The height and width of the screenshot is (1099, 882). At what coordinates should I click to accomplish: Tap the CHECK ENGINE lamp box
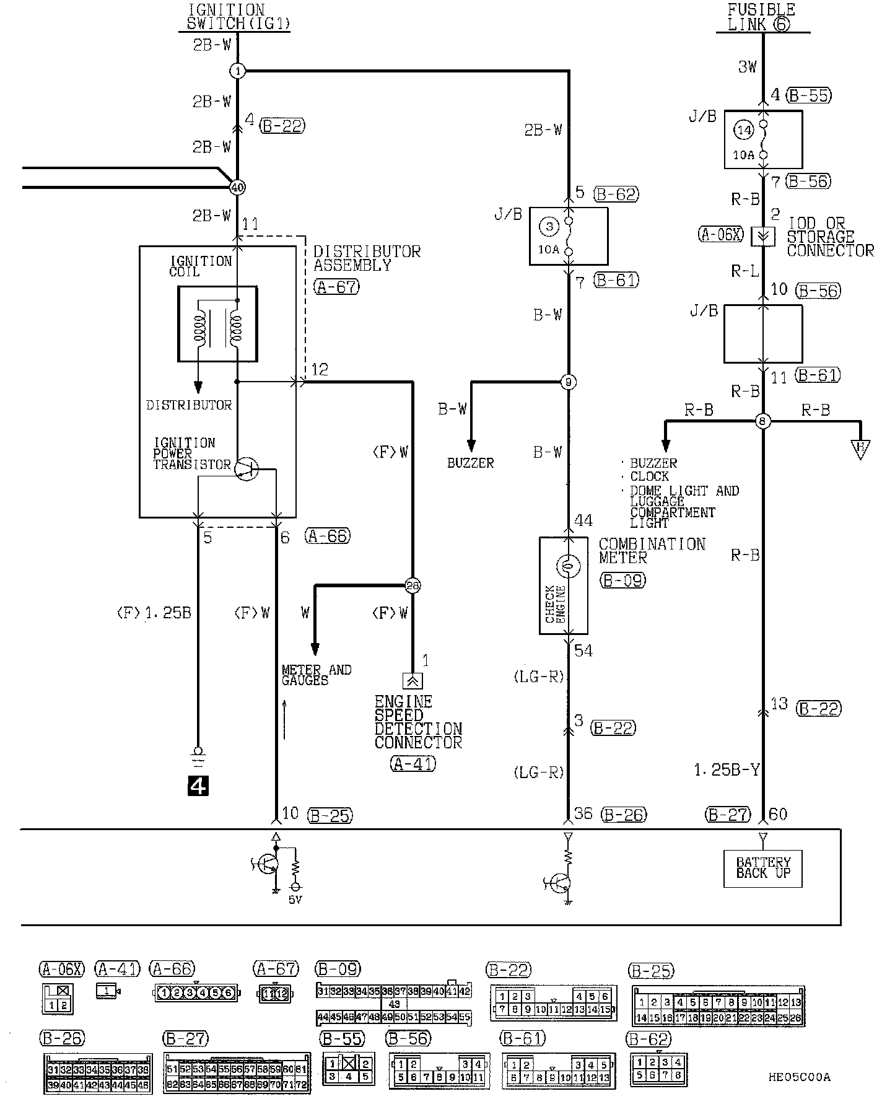(x=569, y=585)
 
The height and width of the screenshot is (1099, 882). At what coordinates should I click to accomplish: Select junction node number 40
(x=237, y=186)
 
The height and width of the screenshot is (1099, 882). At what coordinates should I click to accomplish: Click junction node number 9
(x=569, y=382)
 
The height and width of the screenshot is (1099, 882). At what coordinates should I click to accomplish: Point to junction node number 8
(x=763, y=422)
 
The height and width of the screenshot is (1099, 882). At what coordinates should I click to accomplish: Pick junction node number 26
(x=413, y=585)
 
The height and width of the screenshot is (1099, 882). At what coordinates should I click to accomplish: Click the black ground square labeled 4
(x=198, y=786)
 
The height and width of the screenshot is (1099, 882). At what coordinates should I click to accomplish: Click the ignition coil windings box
(x=217, y=323)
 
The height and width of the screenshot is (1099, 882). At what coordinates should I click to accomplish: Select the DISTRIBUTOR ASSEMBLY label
(x=367, y=258)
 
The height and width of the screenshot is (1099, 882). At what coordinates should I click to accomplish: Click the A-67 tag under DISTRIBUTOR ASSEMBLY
(x=337, y=287)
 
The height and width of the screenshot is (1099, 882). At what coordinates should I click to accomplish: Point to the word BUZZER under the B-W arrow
(x=471, y=463)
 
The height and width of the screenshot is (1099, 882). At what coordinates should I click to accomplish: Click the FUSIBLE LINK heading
(x=761, y=17)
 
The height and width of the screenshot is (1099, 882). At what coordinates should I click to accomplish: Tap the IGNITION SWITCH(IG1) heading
(x=238, y=17)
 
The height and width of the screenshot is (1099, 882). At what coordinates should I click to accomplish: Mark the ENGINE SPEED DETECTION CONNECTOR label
(x=418, y=722)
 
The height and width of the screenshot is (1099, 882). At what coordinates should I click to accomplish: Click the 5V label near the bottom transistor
(x=295, y=900)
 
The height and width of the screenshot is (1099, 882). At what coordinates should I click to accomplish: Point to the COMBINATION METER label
(x=652, y=550)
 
